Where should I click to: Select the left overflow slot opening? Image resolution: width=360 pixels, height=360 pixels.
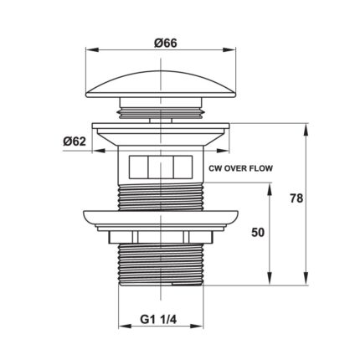pyautogui.click(x=136, y=167)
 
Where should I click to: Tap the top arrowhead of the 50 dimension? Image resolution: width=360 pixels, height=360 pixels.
pyautogui.click(x=270, y=188)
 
